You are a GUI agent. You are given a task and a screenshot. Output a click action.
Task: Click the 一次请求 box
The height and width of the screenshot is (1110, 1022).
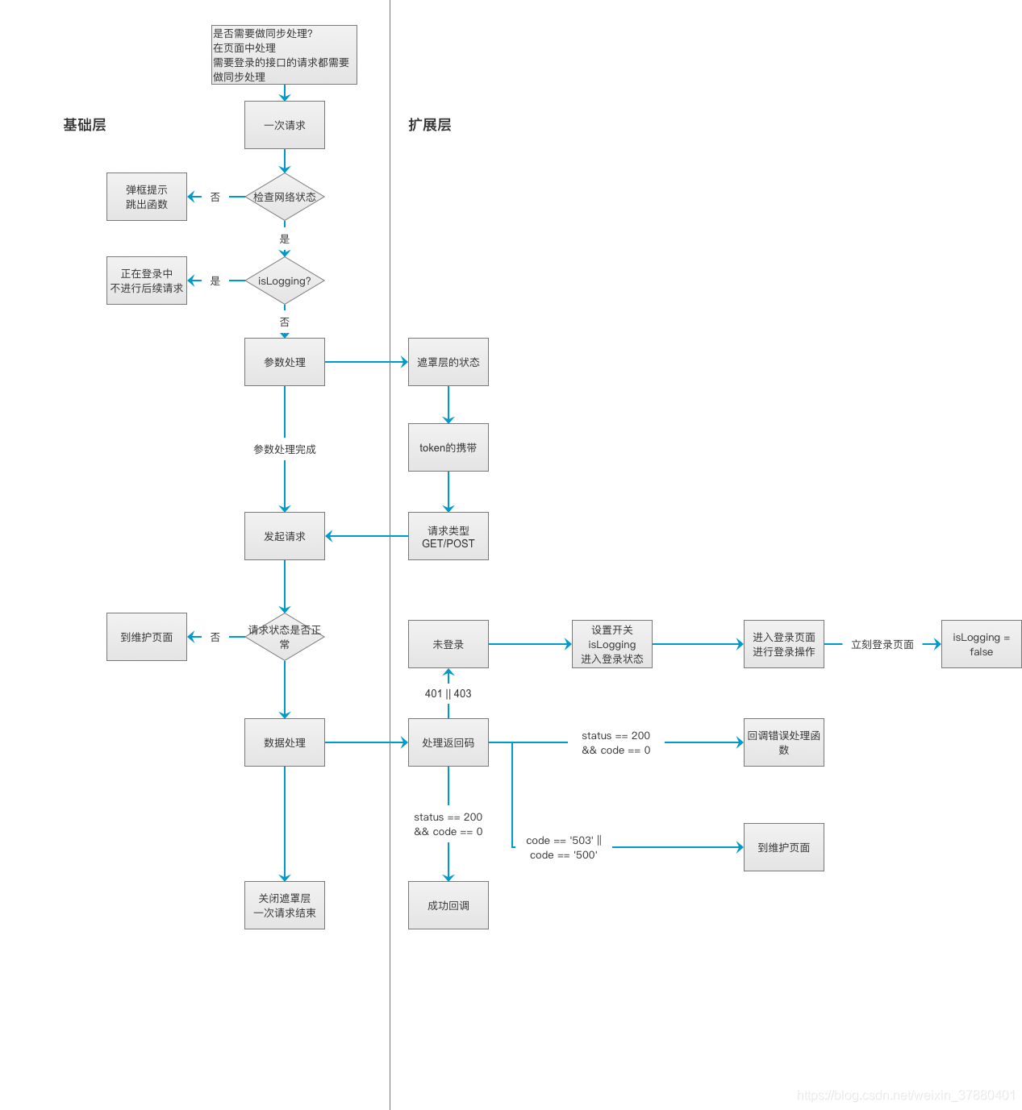pos(284,125)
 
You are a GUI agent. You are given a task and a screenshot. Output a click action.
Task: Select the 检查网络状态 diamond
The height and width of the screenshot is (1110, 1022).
pos(284,197)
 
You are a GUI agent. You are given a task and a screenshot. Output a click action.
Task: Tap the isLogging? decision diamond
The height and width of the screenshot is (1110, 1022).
pos(284,281)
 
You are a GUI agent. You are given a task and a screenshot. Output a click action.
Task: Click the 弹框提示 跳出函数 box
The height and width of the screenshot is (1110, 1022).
pos(146,197)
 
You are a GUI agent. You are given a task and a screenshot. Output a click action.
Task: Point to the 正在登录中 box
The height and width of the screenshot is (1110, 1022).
pos(146,281)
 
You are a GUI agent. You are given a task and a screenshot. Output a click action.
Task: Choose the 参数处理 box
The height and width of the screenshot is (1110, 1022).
pos(284,362)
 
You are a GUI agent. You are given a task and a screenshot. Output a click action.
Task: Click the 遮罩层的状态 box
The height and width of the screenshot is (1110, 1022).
pos(448,362)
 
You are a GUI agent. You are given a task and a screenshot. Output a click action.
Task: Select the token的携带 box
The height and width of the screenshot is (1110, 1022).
pos(448,447)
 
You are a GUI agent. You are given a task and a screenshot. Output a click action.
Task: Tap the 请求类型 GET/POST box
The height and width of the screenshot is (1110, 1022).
pos(448,536)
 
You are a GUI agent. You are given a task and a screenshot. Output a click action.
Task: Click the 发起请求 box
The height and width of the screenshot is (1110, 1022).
pos(284,536)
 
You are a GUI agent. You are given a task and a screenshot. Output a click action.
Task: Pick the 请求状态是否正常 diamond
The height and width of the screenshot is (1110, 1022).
pos(284,637)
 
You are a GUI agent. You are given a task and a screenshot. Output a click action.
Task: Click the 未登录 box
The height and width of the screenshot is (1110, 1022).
pos(448,644)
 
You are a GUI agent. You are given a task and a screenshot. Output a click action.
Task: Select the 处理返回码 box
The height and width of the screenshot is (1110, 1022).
pos(448,742)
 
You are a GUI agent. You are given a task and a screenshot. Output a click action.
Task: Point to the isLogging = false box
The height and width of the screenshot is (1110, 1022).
pos(981,644)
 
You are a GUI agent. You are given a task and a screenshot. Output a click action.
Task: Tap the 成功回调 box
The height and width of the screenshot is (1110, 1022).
pos(448,905)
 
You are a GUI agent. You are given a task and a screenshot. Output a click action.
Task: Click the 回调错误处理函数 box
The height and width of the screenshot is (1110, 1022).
pos(784,742)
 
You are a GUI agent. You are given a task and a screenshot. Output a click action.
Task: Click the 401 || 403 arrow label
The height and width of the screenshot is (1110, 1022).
pos(448,693)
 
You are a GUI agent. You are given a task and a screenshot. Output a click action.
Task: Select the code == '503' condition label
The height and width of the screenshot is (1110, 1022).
pos(564,848)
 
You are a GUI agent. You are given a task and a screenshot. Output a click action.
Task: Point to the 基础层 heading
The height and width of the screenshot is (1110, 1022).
pos(84,125)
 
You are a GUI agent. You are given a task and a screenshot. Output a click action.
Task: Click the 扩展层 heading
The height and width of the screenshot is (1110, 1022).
pos(430,125)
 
